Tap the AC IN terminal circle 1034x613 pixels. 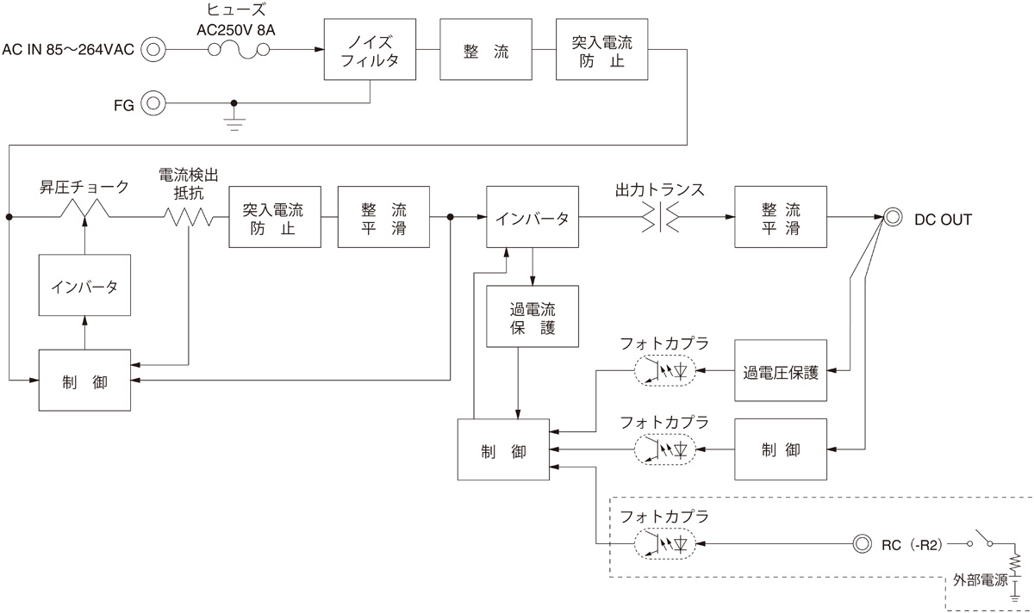(x=153, y=50)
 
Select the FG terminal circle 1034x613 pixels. (x=153, y=103)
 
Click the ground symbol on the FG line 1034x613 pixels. (x=232, y=118)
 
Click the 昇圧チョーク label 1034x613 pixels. (x=84, y=186)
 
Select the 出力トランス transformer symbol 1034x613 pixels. (x=659, y=218)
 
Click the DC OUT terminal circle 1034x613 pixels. (x=892, y=218)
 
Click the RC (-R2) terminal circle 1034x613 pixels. (x=861, y=543)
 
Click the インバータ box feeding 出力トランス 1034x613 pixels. (x=531, y=218)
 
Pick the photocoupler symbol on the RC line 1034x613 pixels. (x=664, y=543)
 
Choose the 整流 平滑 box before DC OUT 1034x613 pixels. (x=780, y=218)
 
